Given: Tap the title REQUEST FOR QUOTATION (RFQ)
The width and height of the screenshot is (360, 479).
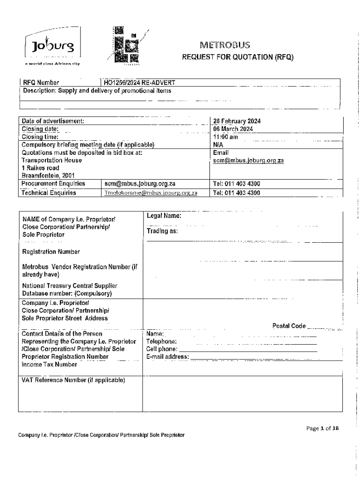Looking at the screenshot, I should (237, 58).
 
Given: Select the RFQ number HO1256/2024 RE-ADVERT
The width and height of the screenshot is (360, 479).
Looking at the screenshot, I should (139, 83).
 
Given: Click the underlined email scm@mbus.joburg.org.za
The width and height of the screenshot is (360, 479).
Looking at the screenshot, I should (248, 160).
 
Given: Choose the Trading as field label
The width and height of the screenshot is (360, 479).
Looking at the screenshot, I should (162, 231).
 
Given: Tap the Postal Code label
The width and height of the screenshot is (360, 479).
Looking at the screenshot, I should (289, 326).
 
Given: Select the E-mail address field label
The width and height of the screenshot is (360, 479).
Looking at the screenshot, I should (167, 357).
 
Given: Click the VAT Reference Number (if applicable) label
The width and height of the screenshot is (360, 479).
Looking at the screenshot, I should (73, 380).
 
